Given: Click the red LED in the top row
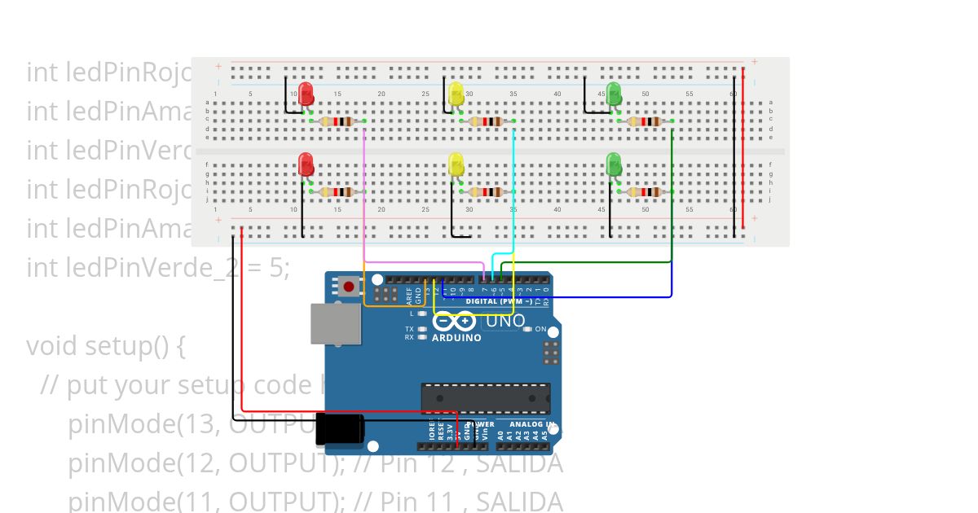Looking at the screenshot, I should pyautogui.click(x=306, y=94).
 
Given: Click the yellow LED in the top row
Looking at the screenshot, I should pyautogui.click(x=456, y=94).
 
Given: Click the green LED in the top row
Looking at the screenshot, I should pyautogui.click(x=614, y=94).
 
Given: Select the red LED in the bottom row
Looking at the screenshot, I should pyautogui.click(x=306, y=164).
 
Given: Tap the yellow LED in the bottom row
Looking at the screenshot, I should pyautogui.click(x=456, y=164).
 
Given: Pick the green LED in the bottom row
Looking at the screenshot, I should pyautogui.click(x=614, y=164).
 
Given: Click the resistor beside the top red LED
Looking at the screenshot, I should pyautogui.click(x=337, y=121).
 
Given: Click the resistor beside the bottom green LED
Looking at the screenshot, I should pyautogui.click(x=644, y=192).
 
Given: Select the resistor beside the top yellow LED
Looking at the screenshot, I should pyautogui.click(x=487, y=121).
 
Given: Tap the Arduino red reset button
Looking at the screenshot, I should pyautogui.click(x=350, y=287).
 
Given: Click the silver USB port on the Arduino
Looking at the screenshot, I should pyautogui.click(x=335, y=323).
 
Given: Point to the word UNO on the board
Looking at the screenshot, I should pyautogui.click(x=505, y=322).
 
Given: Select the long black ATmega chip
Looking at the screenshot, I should pyautogui.click(x=485, y=397).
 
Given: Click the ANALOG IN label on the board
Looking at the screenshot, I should pyautogui.click(x=532, y=424).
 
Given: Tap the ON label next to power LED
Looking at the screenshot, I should pyautogui.click(x=540, y=329).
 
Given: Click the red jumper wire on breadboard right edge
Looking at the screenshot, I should pyautogui.click(x=742, y=151).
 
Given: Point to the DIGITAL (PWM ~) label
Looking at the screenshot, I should pyautogui.click(x=499, y=301).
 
